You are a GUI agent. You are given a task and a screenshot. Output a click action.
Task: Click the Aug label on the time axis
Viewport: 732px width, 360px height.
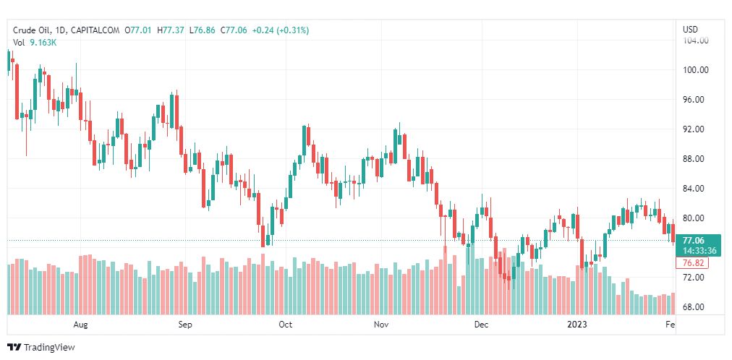(x=81, y=325)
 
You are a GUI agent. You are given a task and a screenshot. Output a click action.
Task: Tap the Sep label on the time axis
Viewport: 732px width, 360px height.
(x=185, y=325)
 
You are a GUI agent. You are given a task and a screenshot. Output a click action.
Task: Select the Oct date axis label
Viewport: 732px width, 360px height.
(x=286, y=325)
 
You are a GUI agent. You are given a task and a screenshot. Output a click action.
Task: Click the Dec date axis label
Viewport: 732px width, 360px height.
(x=481, y=325)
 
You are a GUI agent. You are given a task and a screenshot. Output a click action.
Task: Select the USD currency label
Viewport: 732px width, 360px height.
(x=691, y=30)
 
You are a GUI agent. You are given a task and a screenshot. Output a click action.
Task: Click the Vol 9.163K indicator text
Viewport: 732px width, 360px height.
(x=35, y=43)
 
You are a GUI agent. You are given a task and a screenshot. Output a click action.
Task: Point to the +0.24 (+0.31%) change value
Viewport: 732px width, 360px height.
(x=281, y=30)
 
